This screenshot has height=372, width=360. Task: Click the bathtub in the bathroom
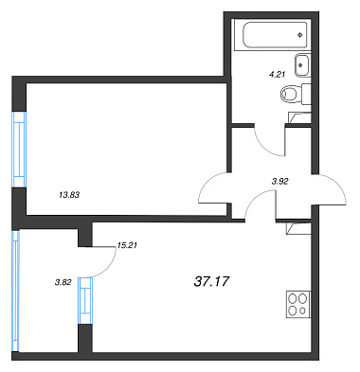275,34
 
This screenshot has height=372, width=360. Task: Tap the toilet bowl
289,94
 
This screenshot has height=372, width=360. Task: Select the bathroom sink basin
302,65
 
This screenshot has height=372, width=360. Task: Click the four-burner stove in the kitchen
298,305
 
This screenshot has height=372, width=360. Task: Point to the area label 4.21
277,75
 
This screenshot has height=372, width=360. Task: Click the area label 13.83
69,195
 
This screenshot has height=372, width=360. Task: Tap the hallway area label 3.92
279,182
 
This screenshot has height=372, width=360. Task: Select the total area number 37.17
211,281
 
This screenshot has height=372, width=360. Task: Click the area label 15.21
127,245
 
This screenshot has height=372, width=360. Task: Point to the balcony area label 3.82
63,283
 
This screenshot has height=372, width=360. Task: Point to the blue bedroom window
19,150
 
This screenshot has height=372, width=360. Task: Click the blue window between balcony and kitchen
85,300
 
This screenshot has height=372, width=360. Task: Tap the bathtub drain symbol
300,35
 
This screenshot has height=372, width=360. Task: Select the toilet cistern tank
306,94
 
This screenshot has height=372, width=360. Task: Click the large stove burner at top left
293,298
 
